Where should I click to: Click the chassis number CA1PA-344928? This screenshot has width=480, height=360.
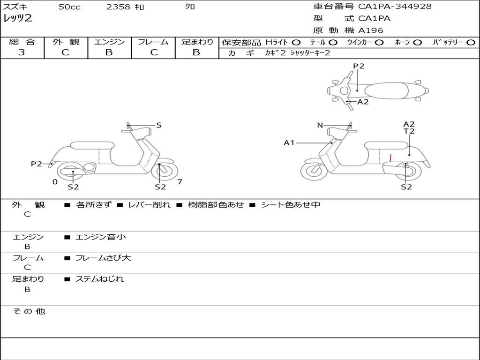coord(395,7)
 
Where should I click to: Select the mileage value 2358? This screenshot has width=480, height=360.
coord(119,7)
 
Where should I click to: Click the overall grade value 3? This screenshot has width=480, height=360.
coord(22,52)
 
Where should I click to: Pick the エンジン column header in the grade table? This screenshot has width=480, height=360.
coord(109,42)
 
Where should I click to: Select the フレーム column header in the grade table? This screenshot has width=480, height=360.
coord(153,42)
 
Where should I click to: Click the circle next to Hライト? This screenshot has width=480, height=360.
coord(296,42)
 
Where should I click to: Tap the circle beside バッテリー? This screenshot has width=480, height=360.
coord(471,42)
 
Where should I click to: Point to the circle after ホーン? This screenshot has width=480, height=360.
coord(417,42)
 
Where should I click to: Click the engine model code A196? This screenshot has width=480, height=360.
coord(371,30)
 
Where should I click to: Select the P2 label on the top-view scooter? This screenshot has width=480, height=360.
coord(359,66)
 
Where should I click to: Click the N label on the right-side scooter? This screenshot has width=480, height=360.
coord(320,125)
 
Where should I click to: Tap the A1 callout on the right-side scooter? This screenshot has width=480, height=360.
coord(289,142)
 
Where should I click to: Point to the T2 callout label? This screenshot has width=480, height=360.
coord(409,132)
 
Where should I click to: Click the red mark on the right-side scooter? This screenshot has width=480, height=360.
coord(390,157)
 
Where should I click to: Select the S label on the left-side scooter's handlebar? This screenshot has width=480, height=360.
coord(159,125)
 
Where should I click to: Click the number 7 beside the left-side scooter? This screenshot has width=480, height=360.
coord(180,181)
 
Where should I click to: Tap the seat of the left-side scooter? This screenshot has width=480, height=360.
coord(92,145)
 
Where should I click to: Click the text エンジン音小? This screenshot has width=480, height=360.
coord(101,237)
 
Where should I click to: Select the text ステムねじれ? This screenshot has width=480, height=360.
coord(99,279)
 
